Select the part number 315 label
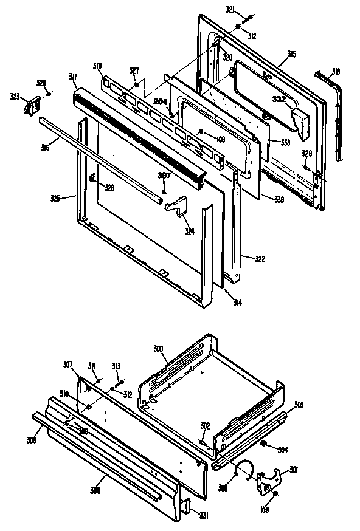(x=291, y=55)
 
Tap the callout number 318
(x=335, y=72)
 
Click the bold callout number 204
(x=160, y=101)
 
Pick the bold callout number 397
(x=164, y=175)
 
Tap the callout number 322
(x=243, y=259)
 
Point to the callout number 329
(x=307, y=153)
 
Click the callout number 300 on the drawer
(x=158, y=350)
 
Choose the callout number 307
(x=67, y=365)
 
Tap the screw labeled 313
(x=120, y=382)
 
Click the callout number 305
(x=299, y=405)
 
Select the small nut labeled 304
(x=265, y=445)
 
